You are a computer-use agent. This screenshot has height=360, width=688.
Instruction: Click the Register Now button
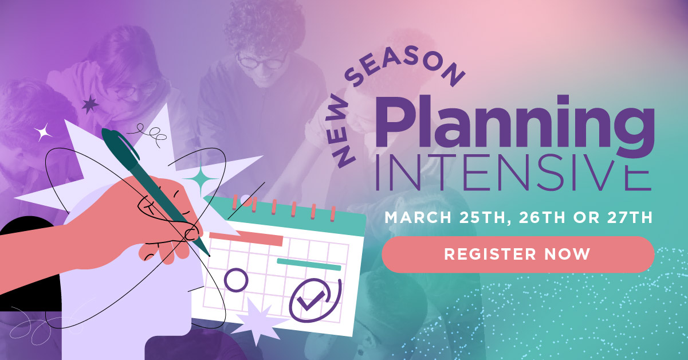pyautogui.click(x=518, y=255)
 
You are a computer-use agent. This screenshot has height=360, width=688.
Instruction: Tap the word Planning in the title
pyautogui.click(x=515, y=126)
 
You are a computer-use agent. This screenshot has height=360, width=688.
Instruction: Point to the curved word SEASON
pyautogui.click(x=406, y=65)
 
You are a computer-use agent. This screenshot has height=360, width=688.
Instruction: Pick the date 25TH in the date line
pyautogui.click(x=482, y=218)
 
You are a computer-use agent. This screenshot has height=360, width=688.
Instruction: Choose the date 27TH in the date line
pyautogui.click(x=630, y=218)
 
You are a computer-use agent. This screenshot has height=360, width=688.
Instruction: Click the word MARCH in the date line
pyautogui.click(x=418, y=218)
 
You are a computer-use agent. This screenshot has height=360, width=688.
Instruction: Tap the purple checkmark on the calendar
pyautogui.click(x=311, y=298)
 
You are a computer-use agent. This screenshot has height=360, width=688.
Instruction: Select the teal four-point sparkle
pyautogui.click(x=201, y=178)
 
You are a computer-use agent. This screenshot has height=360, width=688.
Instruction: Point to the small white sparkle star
pyautogui.click(x=43, y=132)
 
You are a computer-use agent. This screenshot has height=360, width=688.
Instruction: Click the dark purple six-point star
pyautogui.click(x=90, y=104)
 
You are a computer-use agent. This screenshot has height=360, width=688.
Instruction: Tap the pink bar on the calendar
pyautogui.click(x=246, y=239)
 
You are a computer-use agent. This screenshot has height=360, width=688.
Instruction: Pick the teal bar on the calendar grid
pyautogui.click(x=309, y=264)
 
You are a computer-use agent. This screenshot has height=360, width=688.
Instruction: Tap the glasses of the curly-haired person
pyautogui.click(x=262, y=62)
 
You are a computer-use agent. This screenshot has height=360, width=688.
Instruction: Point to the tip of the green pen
pyautogui.click(x=209, y=256)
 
